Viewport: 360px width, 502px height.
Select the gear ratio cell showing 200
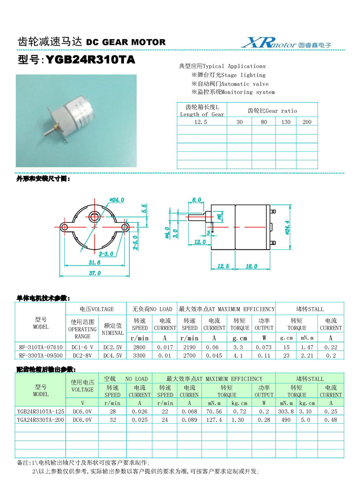pyautogui.click(x=307, y=122)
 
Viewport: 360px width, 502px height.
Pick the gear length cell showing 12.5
pyautogui.click(x=202, y=122)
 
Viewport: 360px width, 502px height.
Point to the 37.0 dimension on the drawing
pyautogui.click(x=95, y=273)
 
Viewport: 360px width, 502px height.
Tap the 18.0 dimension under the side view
pyautogui.click(x=251, y=266)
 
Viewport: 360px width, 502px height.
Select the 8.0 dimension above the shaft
pyautogui.click(x=196, y=200)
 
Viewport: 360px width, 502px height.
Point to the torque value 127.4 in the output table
pyautogui.click(x=213, y=420)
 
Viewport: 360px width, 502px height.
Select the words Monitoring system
pyautogui.click(x=248, y=93)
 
